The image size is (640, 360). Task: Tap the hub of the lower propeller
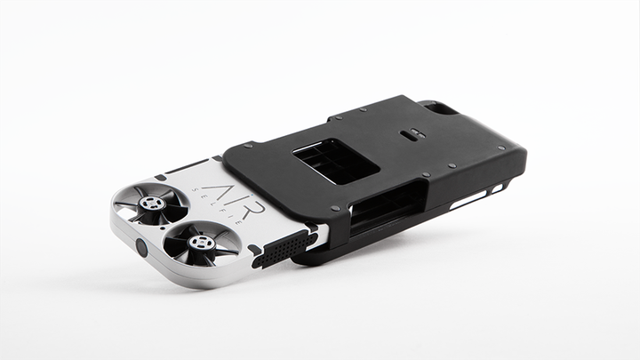[x=200, y=244]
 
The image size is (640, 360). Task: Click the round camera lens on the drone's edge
[x=141, y=247]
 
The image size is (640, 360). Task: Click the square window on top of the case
[x=336, y=161]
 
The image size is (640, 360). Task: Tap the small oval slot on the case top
[x=413, y=133]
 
